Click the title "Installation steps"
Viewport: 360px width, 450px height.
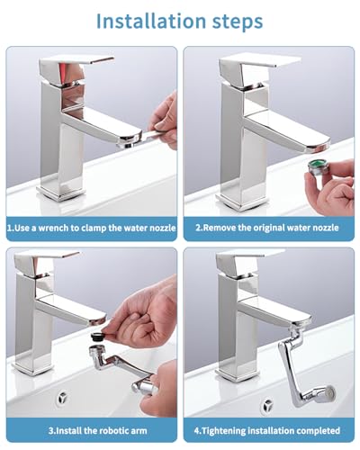coord(180,20)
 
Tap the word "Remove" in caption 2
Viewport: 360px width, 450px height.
coord(222,228)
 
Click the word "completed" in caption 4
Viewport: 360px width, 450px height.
coord(314,430)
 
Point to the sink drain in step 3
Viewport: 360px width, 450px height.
coord(65,397)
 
